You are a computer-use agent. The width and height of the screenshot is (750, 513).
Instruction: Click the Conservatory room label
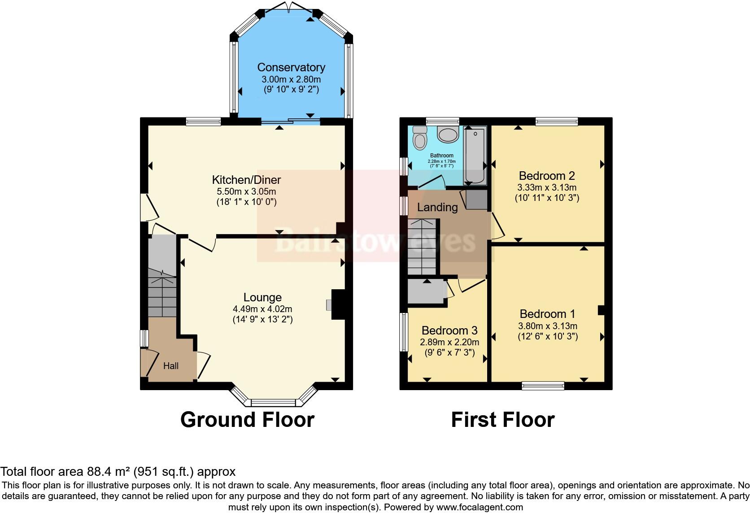pyautogui.click(x=291, y=68)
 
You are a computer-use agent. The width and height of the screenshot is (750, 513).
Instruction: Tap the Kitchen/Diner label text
pyautogui.click(x=246, y=180)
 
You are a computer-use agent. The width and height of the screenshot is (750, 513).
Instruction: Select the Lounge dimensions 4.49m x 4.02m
pyautogui.click(x=262, y=309)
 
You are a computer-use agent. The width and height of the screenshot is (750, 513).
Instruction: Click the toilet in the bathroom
pyautogui.click(x=420, y=137)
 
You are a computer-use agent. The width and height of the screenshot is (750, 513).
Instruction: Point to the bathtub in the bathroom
pyautogui.click(x=475, y=156)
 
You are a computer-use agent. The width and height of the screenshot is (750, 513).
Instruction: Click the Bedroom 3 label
pyautogui.click(x=449, y=330)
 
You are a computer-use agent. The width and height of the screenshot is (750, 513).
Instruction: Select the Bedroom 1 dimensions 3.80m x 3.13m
pyautogui.click(x=548, y=326)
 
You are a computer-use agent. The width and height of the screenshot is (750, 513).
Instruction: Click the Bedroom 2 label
pyautogui.click(x=547, y=175)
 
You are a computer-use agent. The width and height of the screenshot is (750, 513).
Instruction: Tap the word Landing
pyautogui.click(x=437, y=207)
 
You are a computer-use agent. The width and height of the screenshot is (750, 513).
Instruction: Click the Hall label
pyautogui.click(x=170, y=366)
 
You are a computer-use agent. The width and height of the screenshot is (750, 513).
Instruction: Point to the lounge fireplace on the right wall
pyautogui.click(x=338, y=305)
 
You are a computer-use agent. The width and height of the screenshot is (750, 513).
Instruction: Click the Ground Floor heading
pyautogui.click(x=247, y=420)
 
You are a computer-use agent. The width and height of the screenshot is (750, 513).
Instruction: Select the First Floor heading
pyautogui.click(x=502, y=420)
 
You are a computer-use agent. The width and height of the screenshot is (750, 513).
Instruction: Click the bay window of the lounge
pyautogui.click(x=273, y=400)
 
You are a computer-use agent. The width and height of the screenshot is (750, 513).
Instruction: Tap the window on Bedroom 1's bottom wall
pyautogui.click(x=543, y=385)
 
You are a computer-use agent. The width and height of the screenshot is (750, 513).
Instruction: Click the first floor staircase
pyautogui.click(x=422, y=247)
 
